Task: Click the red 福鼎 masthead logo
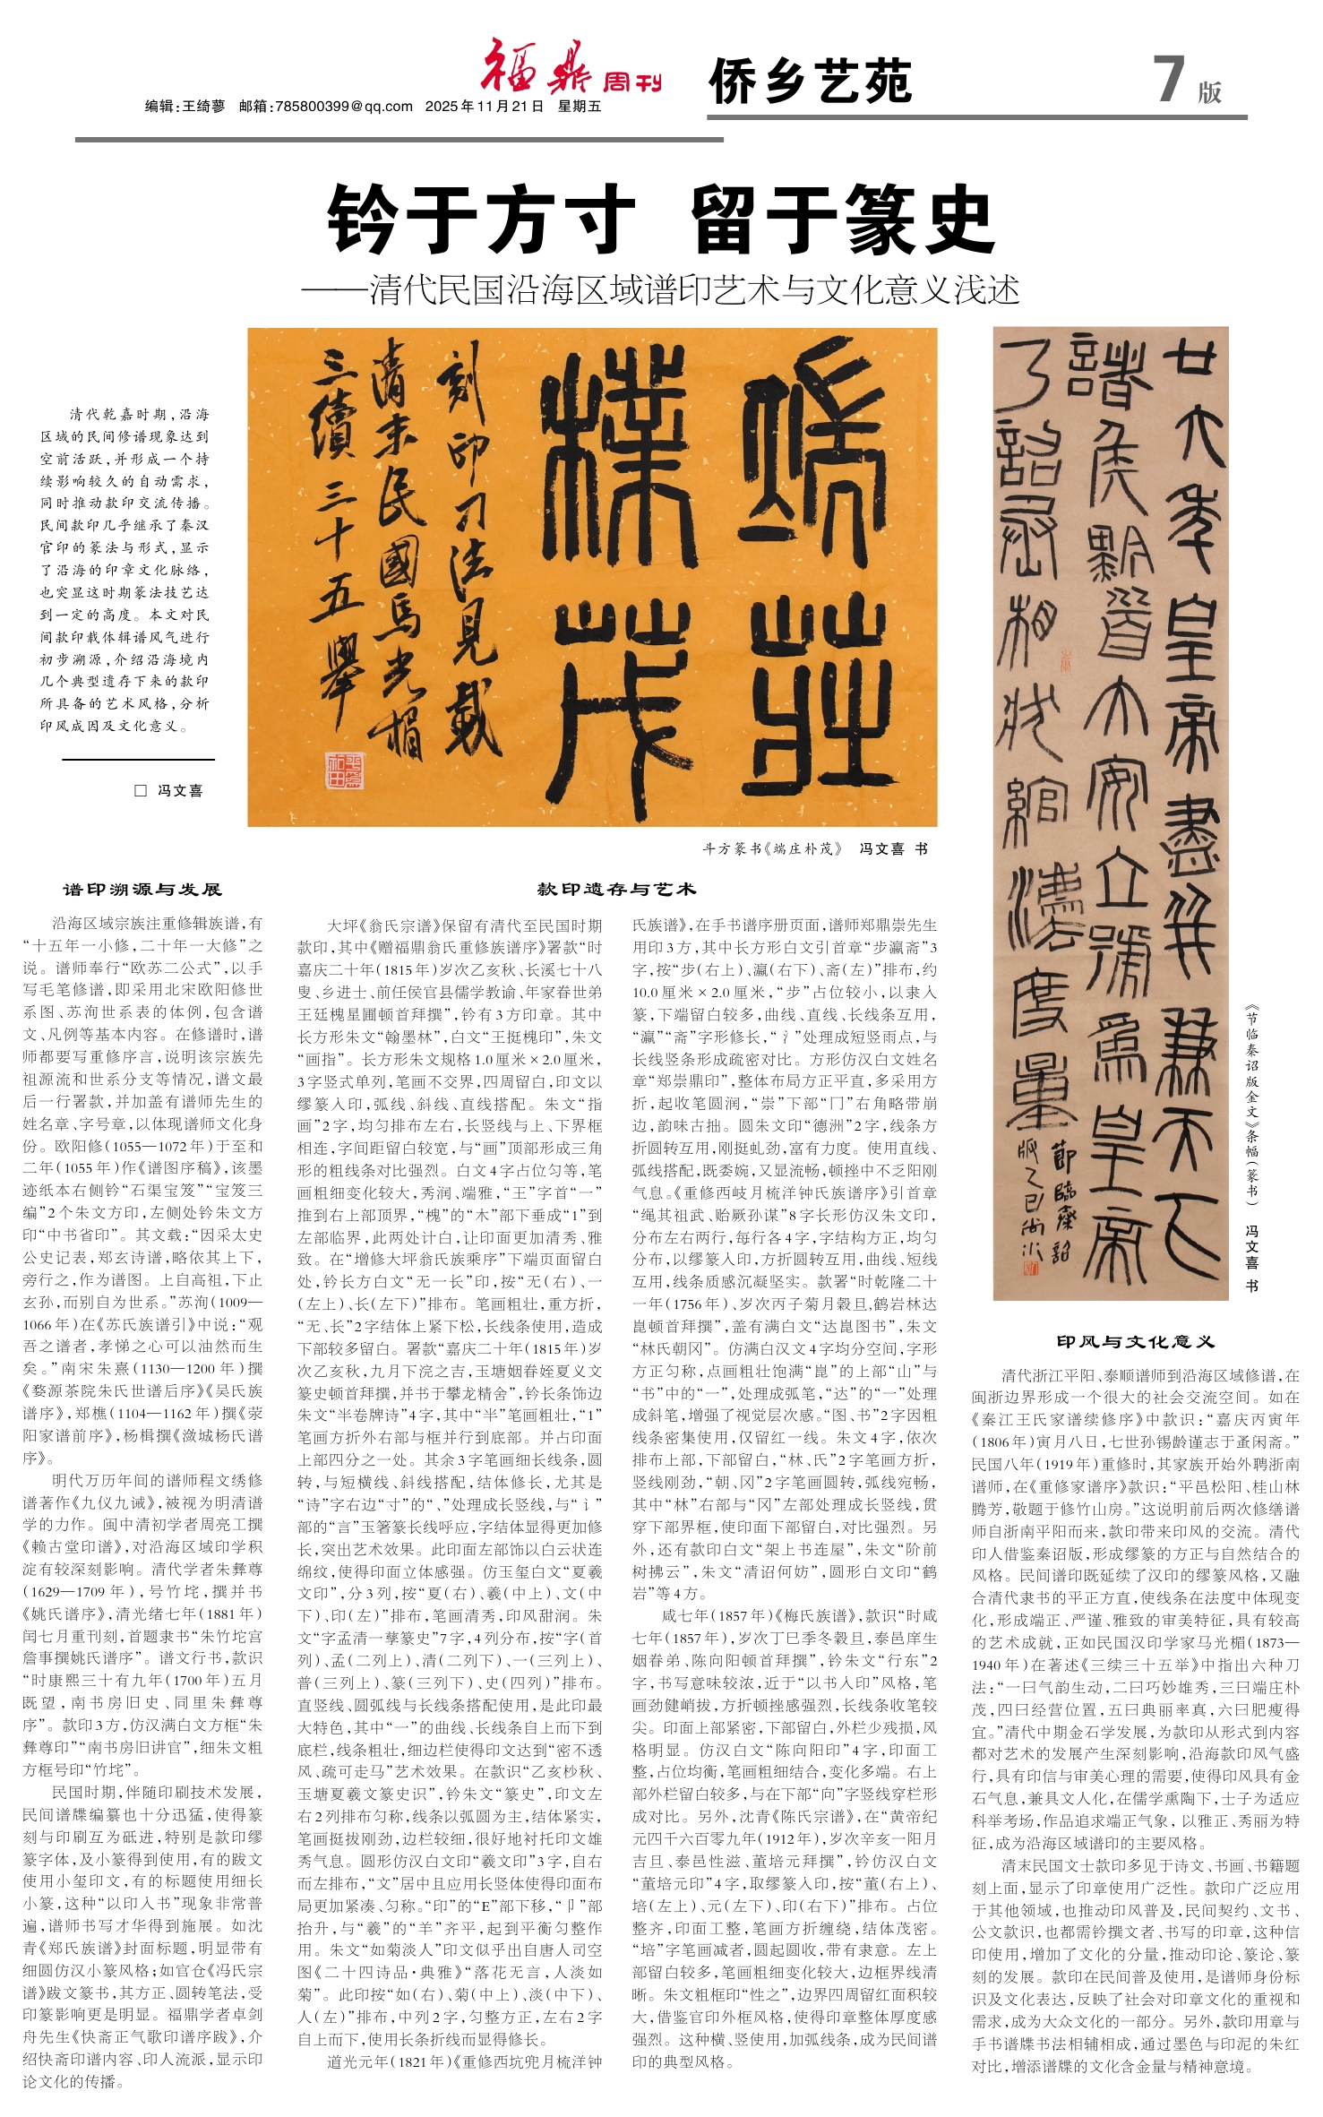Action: (535, 68)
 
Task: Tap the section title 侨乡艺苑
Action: (810, 82)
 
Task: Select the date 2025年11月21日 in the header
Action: (485, 107)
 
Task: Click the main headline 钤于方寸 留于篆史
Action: (661, 219)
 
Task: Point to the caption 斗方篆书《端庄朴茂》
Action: (773, 848)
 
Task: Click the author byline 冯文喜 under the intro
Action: (180, 790)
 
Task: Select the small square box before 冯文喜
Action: (140, 790)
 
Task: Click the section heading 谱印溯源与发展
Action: (142, 890)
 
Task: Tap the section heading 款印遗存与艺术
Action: (616, 890)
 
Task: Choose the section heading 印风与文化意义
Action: (1135, 1341)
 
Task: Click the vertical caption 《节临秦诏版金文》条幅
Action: (1251, 1102)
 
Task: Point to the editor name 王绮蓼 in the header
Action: (204, 107)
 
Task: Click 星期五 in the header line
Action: (580, 107)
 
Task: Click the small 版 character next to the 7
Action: (1209, 92)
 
